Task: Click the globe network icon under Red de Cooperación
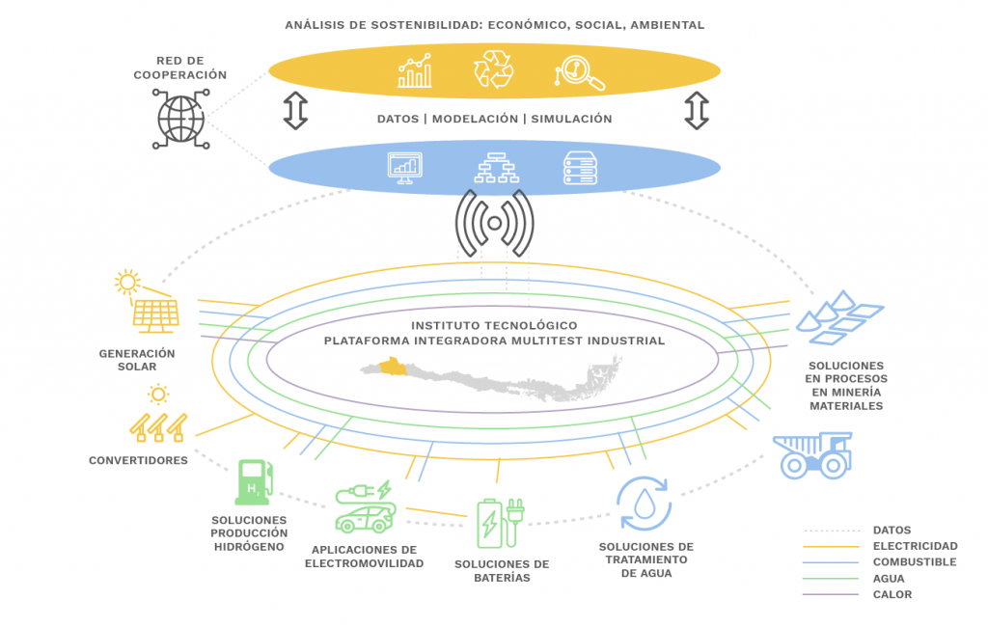click(181, 119)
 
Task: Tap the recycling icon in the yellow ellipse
click(493, 70)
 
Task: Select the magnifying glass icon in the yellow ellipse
click(580, 72)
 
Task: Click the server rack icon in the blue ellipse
click(580, 169)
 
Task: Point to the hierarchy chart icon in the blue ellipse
click(494, 169)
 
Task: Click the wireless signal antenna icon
click(494, 224)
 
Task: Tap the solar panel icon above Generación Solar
click(154, 314)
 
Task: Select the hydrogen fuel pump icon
click(253, 481)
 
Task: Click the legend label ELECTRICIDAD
click(915, 546)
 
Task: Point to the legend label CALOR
click(892, 594)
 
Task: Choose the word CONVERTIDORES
click(138, 460)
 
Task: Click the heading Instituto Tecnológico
click(494, 325)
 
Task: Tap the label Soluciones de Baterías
click(501, 571)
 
